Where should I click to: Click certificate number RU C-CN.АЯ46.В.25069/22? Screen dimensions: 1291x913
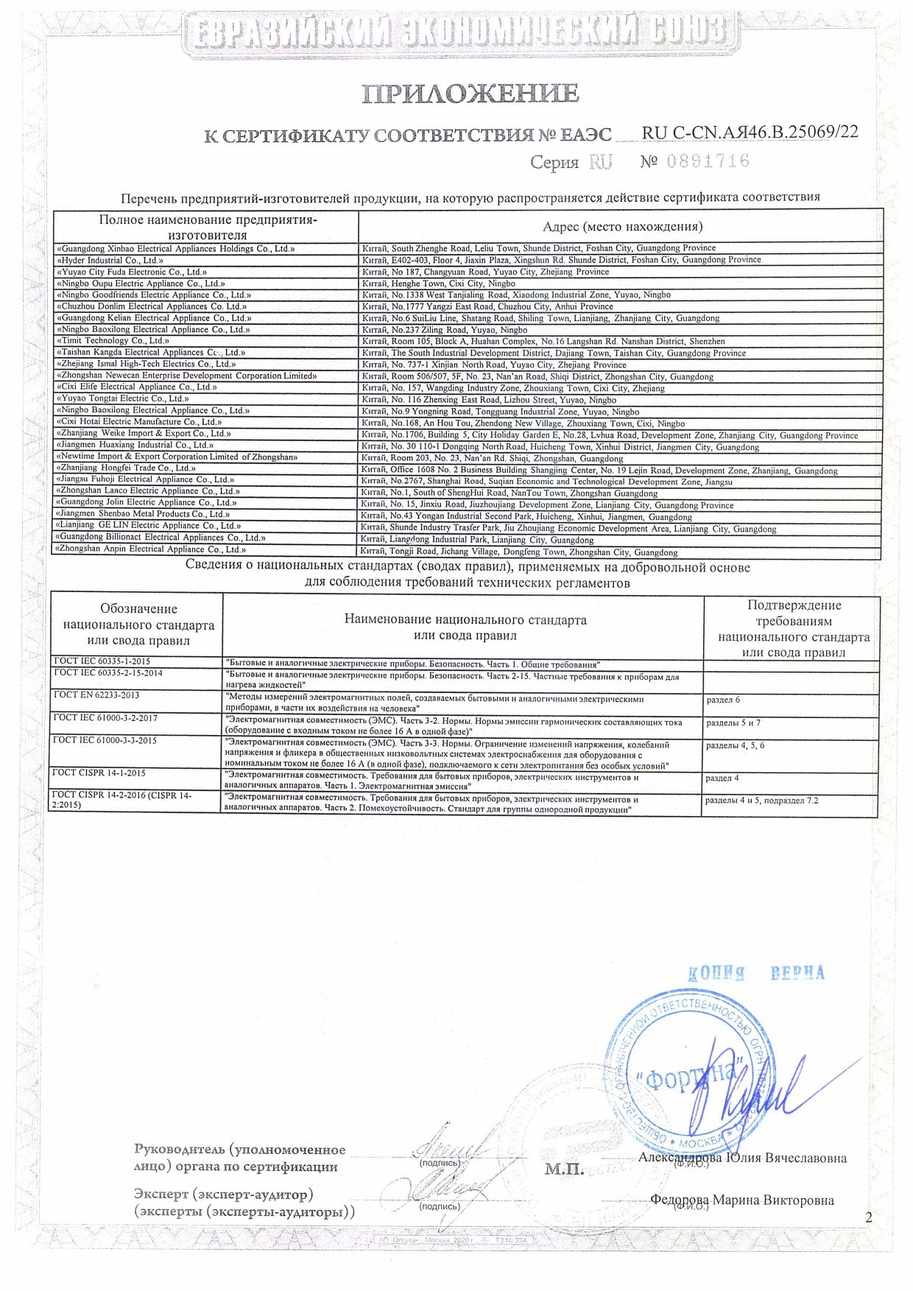click(750, 133)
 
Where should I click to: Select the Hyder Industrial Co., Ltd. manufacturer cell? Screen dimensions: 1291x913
click(110, 260)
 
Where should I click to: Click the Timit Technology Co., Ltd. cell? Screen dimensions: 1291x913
click(113, 341)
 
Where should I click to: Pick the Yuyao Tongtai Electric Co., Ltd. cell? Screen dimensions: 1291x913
click(123, 398)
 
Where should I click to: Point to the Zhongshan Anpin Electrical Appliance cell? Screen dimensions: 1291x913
click(151, 549)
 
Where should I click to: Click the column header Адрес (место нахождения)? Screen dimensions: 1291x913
click(621, 226)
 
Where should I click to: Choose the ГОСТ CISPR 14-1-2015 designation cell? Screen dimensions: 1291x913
click(100, 773)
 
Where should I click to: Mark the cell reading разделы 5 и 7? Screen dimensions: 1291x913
click(733, 723)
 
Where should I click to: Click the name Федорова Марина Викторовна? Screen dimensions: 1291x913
click(742, 1200)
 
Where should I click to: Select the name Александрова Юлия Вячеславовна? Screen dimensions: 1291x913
click(742, 1158)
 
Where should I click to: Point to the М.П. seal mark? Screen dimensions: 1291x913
click(564, 1169)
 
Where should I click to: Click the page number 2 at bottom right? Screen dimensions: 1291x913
click(869, 1217)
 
